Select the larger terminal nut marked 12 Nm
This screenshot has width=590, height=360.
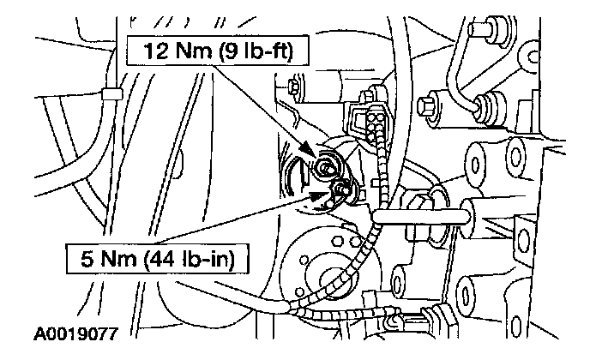[x=327, y=167]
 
